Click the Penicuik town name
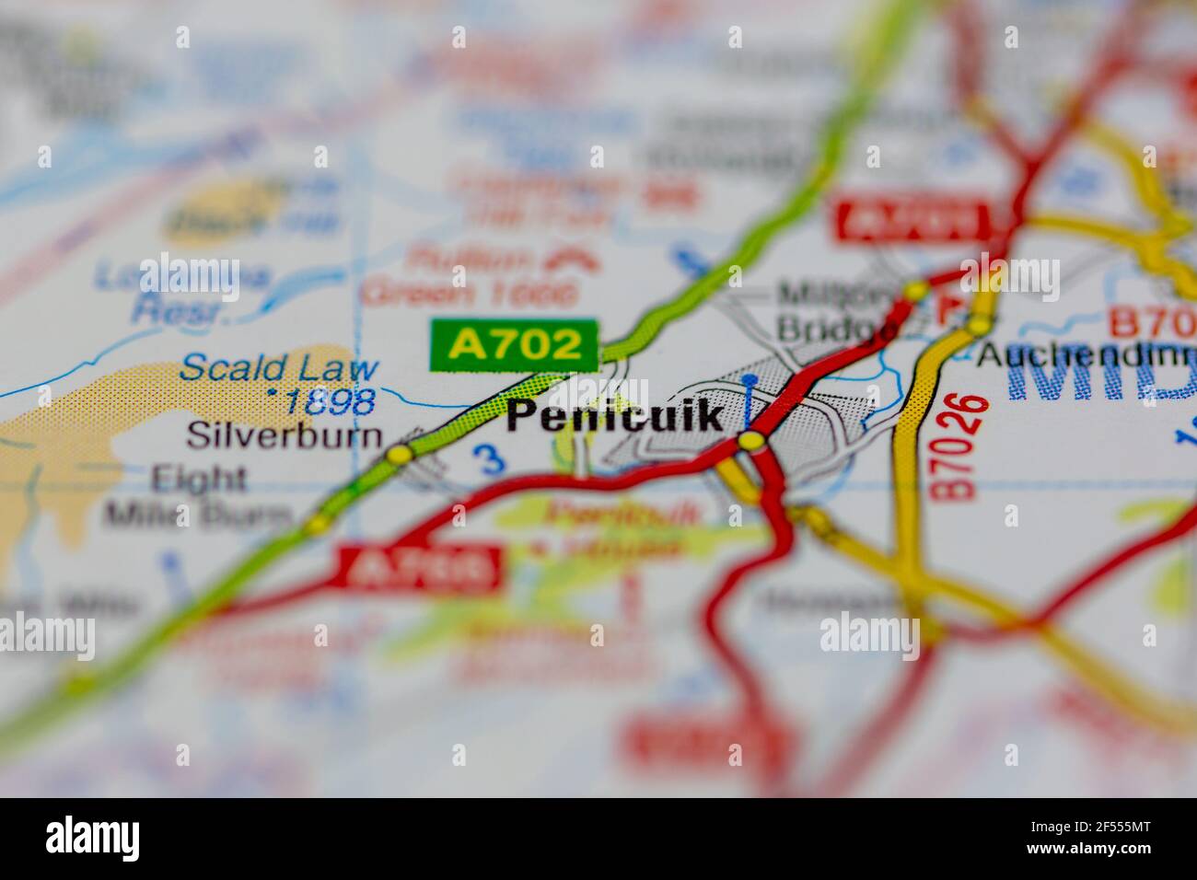pos(615,416)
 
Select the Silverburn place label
pos(284,434)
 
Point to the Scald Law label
pos(279,368)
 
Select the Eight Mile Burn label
pos(198,496)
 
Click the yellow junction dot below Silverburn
pos(399,455)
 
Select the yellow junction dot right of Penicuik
pos(751,442)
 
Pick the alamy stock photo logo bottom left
pos(93,839)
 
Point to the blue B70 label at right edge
pos(1152,323)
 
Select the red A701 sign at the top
pos(912,221)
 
